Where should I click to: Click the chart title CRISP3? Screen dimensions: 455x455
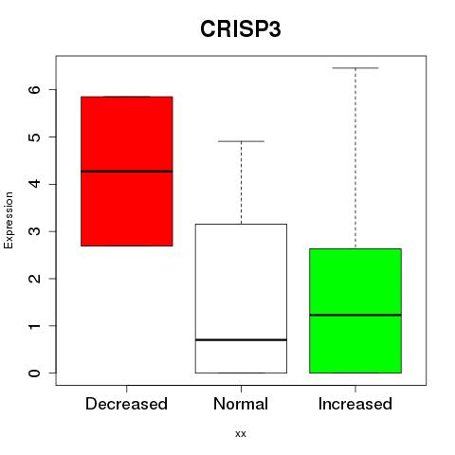click(x=241, y=29)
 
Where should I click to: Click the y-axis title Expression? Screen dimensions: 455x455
click(x=9, y=220)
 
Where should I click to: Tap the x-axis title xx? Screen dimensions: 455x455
click(x=241, y=433)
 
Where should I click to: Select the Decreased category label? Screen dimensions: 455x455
click(x=126, y=404)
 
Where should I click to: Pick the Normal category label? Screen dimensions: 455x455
click(x=241, y=404)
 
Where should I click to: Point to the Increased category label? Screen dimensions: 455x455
click(x=355, y=404)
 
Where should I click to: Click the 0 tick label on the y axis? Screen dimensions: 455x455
click(x=35, y=373)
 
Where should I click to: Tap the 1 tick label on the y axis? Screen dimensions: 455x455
click(x=35, y=325)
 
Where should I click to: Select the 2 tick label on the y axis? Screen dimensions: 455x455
click(x=35, y=279)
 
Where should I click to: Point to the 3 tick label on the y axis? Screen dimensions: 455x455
click(x=35, y=231)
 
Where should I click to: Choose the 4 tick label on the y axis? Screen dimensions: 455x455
click(x=35, y=184)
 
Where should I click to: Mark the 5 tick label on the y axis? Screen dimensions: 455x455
click(x=35, y=136)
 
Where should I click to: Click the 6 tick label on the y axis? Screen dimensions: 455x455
click(x=35, y=89)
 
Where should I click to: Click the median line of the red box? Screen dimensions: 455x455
click(x=127, y=172)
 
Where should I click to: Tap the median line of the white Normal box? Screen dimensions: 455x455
click(x=241, y=339)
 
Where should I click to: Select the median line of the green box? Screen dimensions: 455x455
click(x=355, y=315)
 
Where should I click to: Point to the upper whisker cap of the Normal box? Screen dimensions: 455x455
click(x=241, y=141)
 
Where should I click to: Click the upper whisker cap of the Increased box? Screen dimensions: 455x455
click(x=355, y=68)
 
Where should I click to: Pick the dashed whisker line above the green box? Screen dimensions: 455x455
click(x=355, y=158)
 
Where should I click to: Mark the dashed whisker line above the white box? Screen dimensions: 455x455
click(x=241, y=183)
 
